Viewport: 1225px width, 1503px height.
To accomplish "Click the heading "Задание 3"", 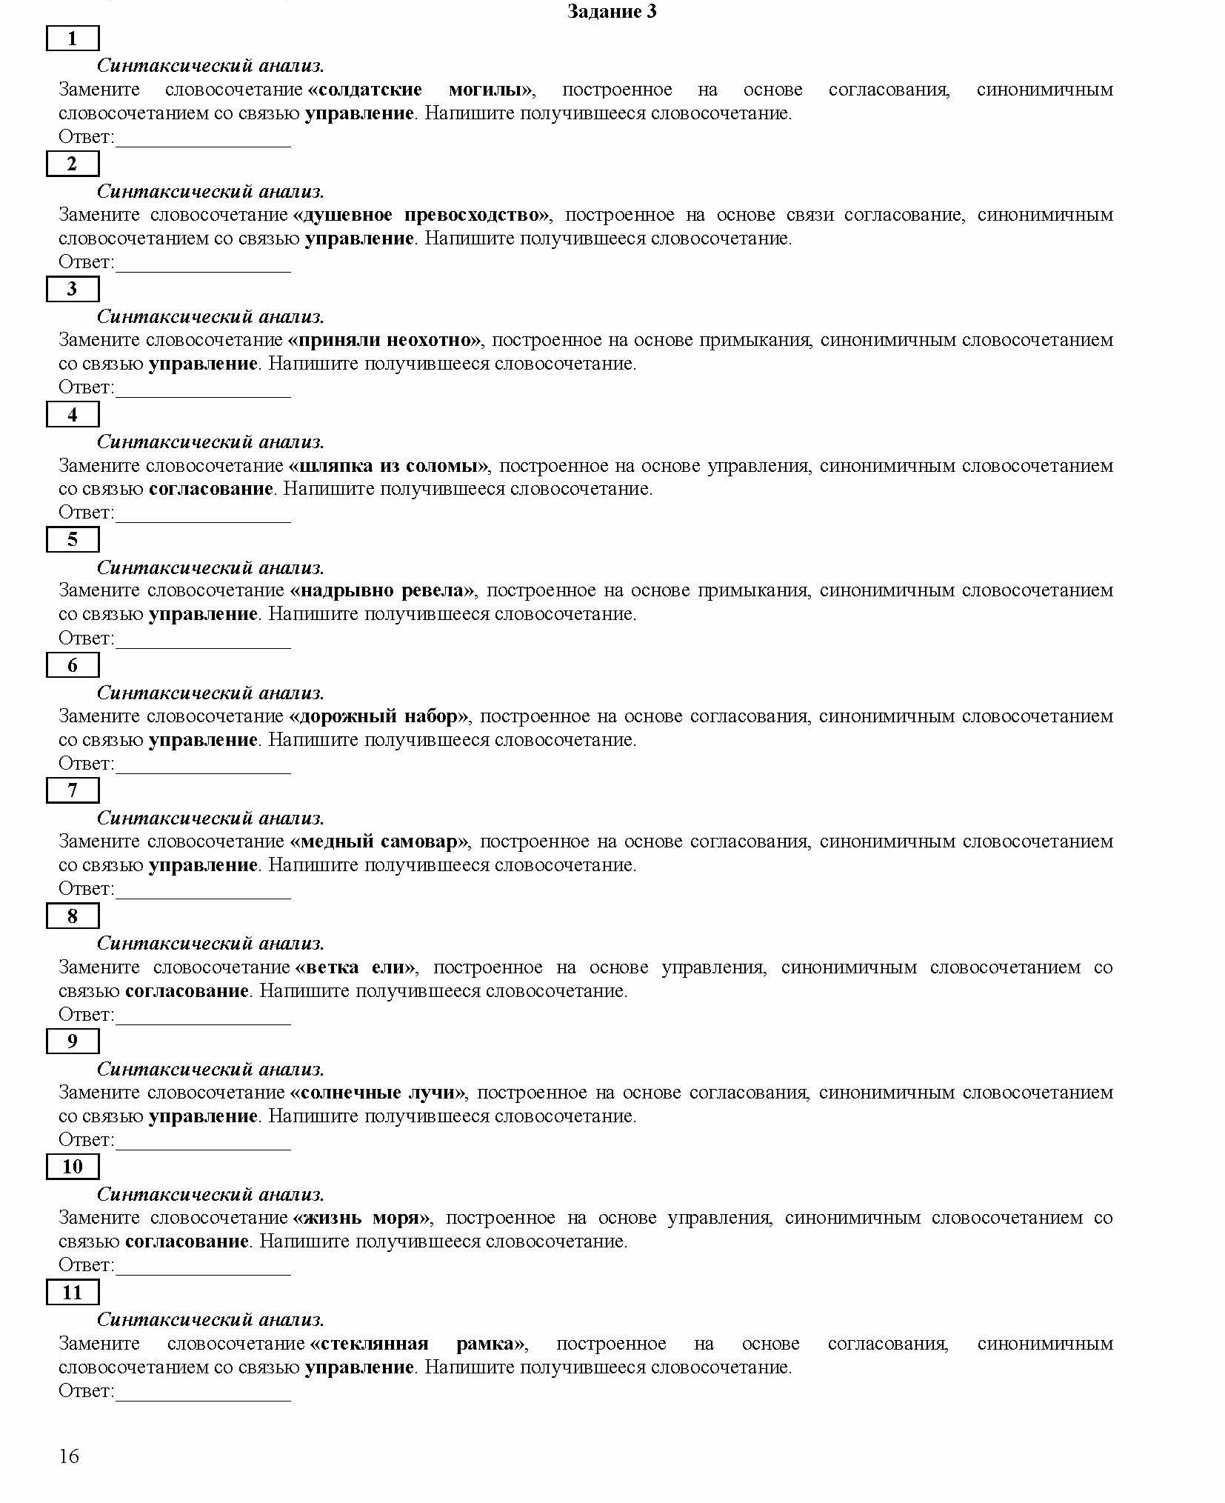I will pyautogui.click(x=611, y=11).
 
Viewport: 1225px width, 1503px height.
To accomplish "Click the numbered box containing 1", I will pyautogui.click(x=72, y=39).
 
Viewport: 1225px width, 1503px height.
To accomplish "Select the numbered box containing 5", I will pyautogui.click(x=72, y=539).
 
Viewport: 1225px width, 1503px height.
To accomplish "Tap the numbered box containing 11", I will pyautogui.click(x=72, y=1293).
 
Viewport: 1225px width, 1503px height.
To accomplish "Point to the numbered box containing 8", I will pyautogui.click(x=72, y=916).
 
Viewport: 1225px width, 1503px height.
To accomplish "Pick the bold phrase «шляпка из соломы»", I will pyautogui.click(x=389, y=466).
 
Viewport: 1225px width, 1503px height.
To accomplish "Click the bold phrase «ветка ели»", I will pyautogui.click(x=356, y=967).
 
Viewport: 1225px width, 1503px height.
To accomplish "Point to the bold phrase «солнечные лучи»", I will pyautogui.click(x=378, y=1093).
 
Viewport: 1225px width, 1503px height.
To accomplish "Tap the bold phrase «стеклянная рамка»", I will pyautogui.click(x=418, y=1344).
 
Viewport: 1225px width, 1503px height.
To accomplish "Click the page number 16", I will pyautogui.click(x=68, y=1456).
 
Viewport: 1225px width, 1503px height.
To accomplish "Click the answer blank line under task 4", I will pyautogui.click(x=203, y=520).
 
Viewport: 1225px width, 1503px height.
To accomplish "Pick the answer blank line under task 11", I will pyautogui.click(x=203, y=1399).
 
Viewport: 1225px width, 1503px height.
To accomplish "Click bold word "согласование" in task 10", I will pyautogui.click(x=187, y=1242).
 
